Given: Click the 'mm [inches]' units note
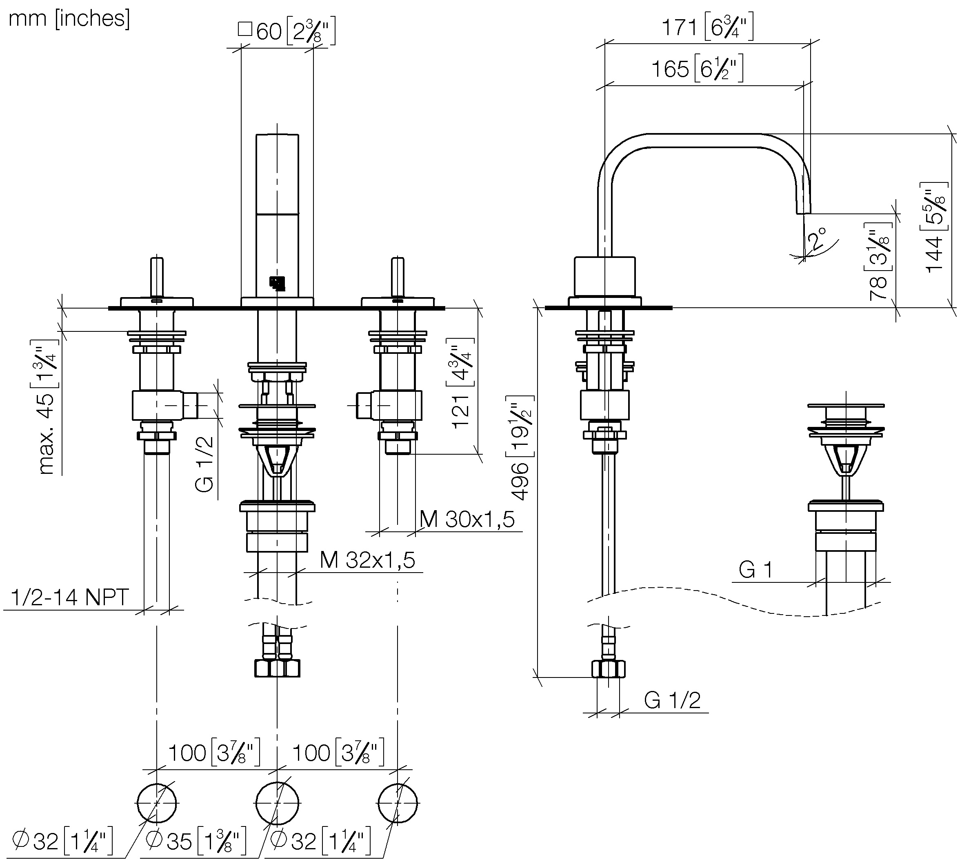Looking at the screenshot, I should [69, 19].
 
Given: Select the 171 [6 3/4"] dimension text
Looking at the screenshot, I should [707, 27].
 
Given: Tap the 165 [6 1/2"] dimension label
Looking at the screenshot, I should [697, 69].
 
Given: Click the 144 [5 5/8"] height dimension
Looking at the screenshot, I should [935, 227].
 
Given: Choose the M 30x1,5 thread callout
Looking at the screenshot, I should [467, 520].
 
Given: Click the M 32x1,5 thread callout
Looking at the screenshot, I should [367, 560].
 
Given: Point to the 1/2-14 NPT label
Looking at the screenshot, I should [69, 597].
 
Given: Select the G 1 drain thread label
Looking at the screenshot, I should [755, 569].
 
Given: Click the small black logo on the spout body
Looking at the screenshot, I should [277, 283].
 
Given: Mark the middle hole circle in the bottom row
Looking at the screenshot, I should [277, 803].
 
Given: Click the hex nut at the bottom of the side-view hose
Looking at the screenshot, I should [608, 669].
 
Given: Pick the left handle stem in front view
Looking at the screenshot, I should [157, 278].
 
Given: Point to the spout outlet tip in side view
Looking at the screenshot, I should [803, 209].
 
